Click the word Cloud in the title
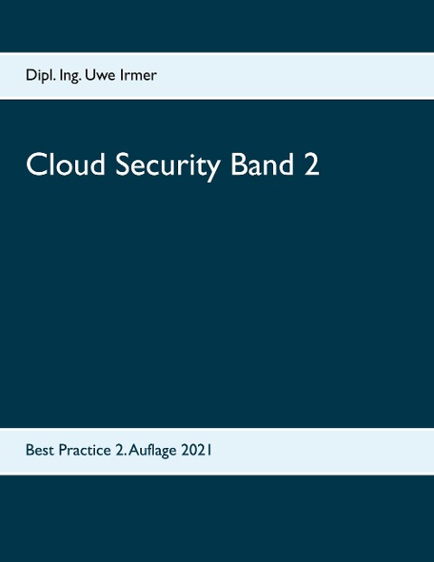pos(61,165)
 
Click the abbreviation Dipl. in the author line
pos(42,76)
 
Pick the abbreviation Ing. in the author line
pos(77,76)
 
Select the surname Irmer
pos(141,75)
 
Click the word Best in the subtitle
pos(40,448)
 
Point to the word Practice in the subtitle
pos(84,448)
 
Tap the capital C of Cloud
pos(35,165)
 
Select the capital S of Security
pos(115,165)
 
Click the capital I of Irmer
pos(126,75)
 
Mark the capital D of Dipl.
pos(31,75)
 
